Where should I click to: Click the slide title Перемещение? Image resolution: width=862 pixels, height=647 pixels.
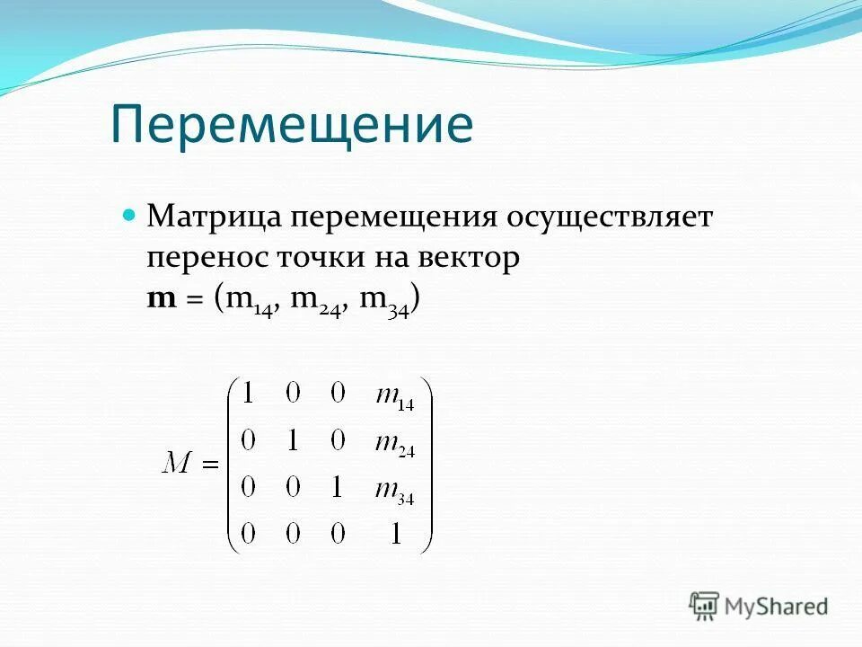(x=292, y=125)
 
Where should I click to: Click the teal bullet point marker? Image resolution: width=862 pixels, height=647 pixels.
(x=128, y=216)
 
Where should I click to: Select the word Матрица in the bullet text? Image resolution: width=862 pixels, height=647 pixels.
(x=212, y=217)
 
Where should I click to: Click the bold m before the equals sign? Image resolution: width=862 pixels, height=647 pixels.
(x=162, y=300)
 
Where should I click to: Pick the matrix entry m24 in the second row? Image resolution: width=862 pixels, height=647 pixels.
(x=393, y=445)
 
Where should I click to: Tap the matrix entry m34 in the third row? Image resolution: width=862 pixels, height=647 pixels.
(x=393, y=491)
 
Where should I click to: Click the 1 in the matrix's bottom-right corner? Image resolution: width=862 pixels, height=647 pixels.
(x=393, y=534)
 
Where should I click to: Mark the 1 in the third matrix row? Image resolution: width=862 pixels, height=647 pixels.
(x=337, y=488)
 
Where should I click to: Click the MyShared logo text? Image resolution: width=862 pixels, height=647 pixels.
(x=777, y=607)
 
